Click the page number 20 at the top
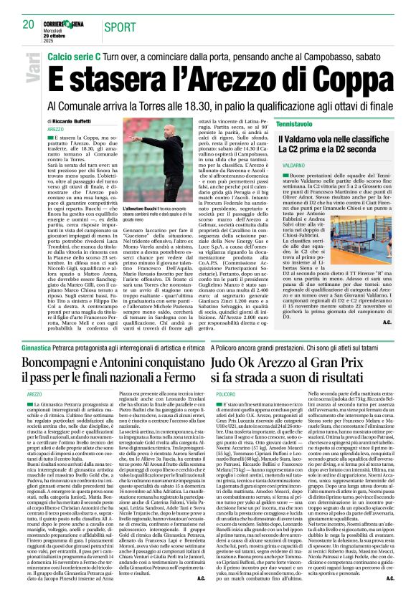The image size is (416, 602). click(x=29, y=24)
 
